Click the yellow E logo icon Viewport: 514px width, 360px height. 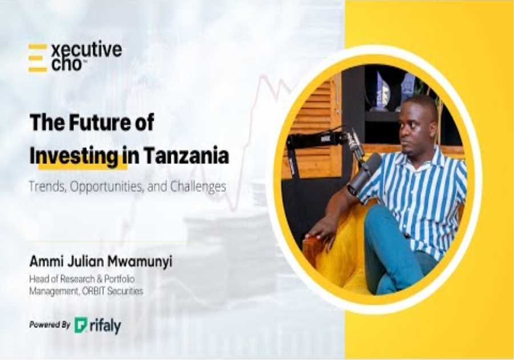(x=38, y=58)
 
